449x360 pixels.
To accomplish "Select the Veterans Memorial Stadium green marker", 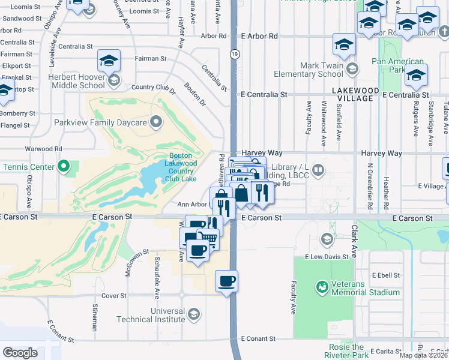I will (323, 287).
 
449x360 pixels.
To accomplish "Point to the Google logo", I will (20, 352).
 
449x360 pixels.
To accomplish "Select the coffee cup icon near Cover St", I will (226, 281).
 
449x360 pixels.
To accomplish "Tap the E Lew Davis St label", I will (327, 257).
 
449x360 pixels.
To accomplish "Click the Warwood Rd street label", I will (43, 148).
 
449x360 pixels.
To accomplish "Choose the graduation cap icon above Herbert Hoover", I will (109, 60).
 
